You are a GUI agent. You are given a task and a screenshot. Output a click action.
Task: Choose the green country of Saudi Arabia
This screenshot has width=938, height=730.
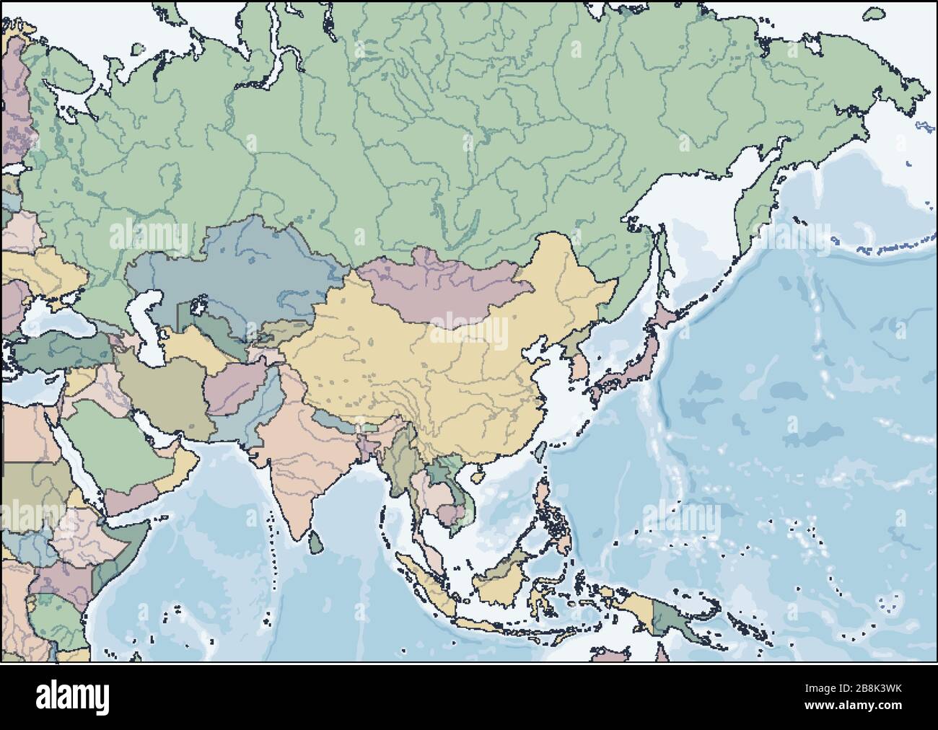[115, 440]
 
